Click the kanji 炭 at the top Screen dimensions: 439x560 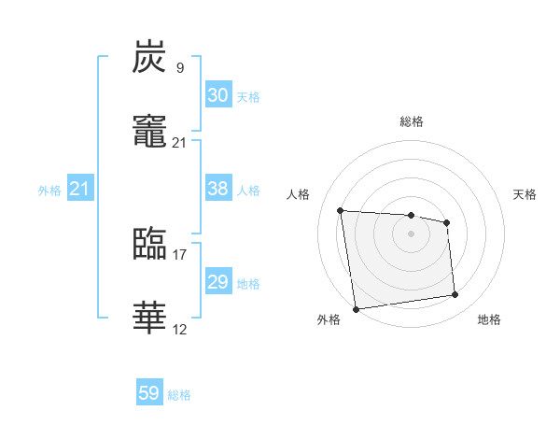tap(149, 58)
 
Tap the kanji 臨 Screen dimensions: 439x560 tap(149, 244)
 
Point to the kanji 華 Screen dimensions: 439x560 tap(149, 318)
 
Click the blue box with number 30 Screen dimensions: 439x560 tap(217, 95)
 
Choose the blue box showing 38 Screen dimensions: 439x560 tap(217, 189)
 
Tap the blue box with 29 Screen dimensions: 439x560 tap(217, 282)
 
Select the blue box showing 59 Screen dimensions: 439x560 tap(149, 393)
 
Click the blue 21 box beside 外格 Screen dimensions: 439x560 tap(80, 190)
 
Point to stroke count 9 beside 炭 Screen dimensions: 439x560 tap(180, 68)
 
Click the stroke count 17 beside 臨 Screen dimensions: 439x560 tap(180, 253)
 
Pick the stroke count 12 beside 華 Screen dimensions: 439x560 tap(180, 328)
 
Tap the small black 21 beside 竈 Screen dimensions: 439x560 tap(180, 142)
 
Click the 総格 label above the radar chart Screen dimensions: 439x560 tap(412, 121)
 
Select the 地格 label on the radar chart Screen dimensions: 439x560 tap(489, 320)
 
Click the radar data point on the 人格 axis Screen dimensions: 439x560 tap(341, 210)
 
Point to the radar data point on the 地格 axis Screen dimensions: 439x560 tap(455, 295)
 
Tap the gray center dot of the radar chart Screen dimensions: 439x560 tap(411, 233)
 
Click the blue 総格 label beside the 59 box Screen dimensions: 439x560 tap(180, 395)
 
